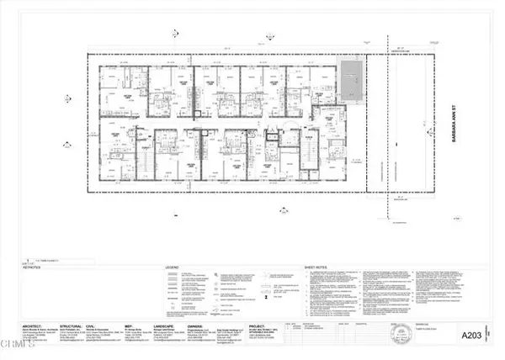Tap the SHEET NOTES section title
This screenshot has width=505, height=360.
click(x=316, y=268)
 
